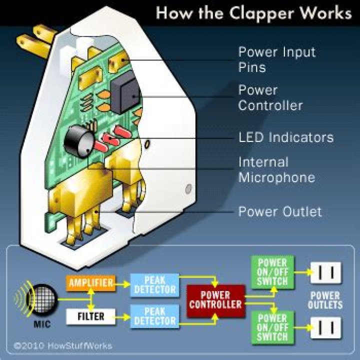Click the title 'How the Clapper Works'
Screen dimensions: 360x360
click(x=253, y=13)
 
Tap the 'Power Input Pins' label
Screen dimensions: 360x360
click(x=276, y=59)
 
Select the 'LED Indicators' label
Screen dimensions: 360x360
click(x=285, y=137)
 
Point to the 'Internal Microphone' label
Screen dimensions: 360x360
click(x=276, y=169)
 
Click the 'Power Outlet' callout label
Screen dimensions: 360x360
click(x=280, y=211)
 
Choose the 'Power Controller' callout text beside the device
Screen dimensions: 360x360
click(x=270, y=97)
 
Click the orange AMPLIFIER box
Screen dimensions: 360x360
click(x=91, y=282)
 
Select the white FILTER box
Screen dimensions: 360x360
click(x=91, y=316)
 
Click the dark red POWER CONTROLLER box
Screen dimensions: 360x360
click(x=216, y=300)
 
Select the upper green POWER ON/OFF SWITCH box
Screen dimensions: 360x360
click(x=272, y=272)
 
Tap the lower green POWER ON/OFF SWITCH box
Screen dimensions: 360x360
click(x=272, y=327)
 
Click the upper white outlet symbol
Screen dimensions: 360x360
click(x=326, y=273)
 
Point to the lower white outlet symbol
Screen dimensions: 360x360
click(x=326, y=327)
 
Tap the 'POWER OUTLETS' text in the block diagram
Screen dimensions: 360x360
click(x=325, y=300)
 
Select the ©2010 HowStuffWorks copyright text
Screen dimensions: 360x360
click(x=63, y=345)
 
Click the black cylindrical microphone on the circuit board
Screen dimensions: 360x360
click(x=79, y=140)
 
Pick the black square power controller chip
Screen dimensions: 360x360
click(x=125, y=95)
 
